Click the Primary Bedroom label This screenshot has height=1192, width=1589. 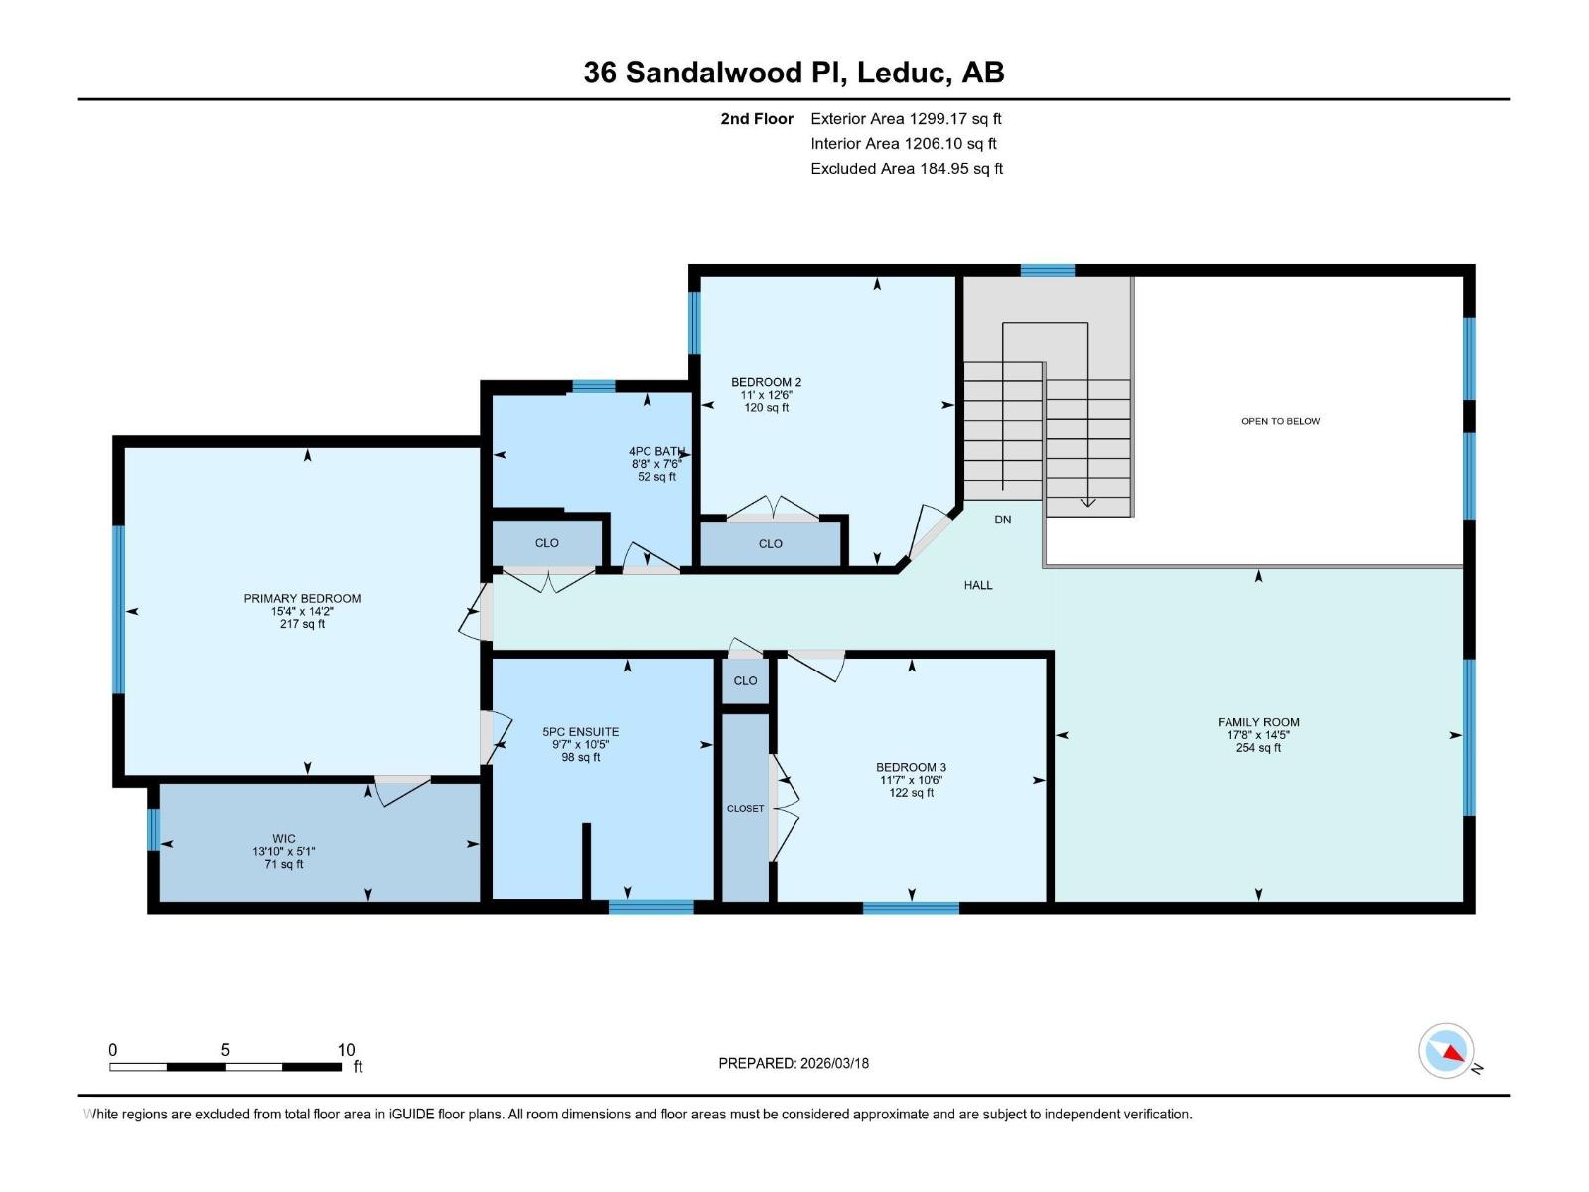coord(302,598)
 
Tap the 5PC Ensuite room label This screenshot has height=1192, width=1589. coord(581,732)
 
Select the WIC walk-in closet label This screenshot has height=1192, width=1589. coord(284,839)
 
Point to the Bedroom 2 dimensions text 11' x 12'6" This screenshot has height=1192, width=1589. coord(767,395)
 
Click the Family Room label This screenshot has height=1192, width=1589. coord(1258,722)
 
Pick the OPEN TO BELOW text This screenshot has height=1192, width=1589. coord(1280,421)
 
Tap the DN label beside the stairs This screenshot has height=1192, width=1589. coord(1003,520)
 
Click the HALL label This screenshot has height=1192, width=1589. coord(978,585)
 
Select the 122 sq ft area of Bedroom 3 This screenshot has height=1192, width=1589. coord(911,793)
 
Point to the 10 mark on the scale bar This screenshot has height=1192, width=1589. coord(346,1050)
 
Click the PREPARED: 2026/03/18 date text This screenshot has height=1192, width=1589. coord(794,1063)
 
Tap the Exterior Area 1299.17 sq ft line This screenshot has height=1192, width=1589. coord(906,118)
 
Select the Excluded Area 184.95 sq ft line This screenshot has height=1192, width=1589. coord(907,169)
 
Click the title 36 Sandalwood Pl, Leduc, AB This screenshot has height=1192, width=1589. coord(794,73)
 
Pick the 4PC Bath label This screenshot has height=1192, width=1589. coord(656,452)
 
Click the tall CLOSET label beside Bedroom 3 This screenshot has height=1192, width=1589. coord(745,808)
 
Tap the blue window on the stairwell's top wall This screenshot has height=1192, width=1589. coord(1048,270)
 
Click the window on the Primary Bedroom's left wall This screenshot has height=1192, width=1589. coord(118,610)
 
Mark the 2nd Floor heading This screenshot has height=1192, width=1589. coord(757,119)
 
